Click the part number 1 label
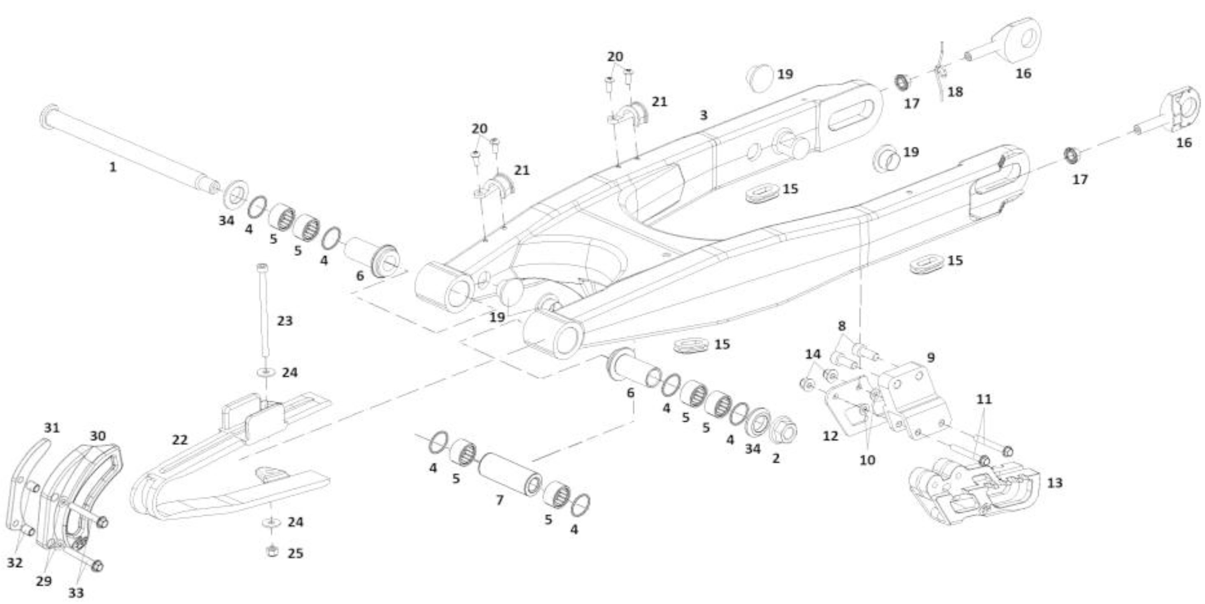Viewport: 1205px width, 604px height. click(112, 167)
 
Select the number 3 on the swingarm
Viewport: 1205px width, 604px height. click(704, 114)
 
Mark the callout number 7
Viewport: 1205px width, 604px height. click(500, 500)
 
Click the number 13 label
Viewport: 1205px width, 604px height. click(1055, 483)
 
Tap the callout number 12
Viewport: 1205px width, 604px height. click(830, 436)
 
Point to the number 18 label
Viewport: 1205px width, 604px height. click(955, 92)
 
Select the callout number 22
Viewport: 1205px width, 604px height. click(179, 440)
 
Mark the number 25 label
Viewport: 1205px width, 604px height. click(295, 553)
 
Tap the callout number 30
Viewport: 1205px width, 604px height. click(98, 436)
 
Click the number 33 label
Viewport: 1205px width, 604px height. click(76, 593)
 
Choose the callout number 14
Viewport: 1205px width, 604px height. click(813, 354)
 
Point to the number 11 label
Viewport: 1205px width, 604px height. click(984, 399)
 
